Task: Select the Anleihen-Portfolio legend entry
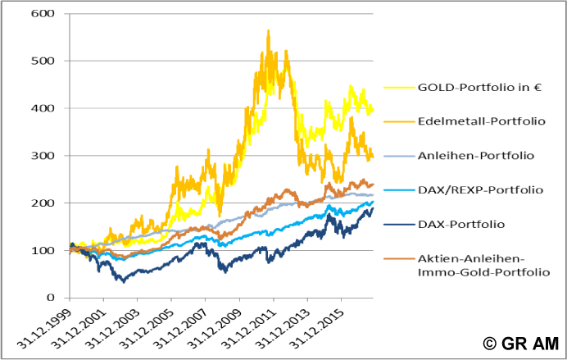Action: click(x=475, y=155)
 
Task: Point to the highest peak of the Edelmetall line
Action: click(x=268, y=31)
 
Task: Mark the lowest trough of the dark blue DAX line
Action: click(x=124, y=281)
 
